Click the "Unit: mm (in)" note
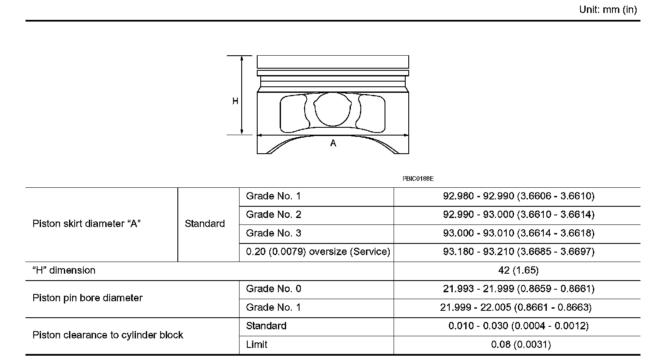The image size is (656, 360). click(x=608, y=9)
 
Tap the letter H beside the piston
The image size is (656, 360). click(x=235, y=101)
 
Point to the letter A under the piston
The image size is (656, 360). click(x=333, y=143)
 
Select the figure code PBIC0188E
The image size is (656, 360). click(x=418, y=179)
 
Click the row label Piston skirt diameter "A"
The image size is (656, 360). click(x=86, y=224)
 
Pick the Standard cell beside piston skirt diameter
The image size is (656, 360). click(x=205, y=224)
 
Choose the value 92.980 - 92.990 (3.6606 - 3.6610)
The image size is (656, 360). click(x=519, y=196)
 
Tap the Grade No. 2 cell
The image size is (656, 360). click(x=274, y=215)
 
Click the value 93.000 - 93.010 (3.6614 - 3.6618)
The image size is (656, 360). click(x=519, y=233)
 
